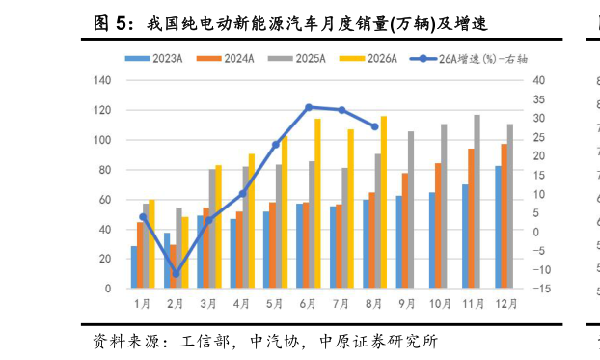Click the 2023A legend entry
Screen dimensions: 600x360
tap(153, 59)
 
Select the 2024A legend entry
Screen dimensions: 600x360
tap(226, 59)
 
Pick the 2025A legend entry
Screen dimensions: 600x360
tap(297, 59)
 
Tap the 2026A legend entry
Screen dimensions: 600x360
tap(368, 59)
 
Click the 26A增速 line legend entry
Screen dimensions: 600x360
tap(469, 59)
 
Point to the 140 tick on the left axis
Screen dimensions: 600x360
tap(102, 80)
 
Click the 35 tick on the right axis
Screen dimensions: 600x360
tap(539, 99)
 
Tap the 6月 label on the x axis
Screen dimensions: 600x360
tap(308, 304)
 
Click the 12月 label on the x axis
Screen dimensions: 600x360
tap(506, 304)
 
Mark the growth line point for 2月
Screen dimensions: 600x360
tap(176, 273)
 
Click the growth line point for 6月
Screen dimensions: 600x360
tap(309, 108)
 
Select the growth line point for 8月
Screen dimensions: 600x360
tap(375, 126)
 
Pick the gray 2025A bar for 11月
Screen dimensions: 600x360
tap(477, 202)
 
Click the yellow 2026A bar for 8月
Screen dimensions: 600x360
tap(384, 203)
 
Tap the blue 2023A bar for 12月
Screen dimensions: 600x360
tap(498, 227)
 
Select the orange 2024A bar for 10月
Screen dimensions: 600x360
tap(438, 226)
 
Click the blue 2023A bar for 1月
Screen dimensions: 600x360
tap(134, 267)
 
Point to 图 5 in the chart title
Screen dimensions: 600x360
tap(109, 24)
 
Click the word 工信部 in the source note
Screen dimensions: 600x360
tap(205, 342)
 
